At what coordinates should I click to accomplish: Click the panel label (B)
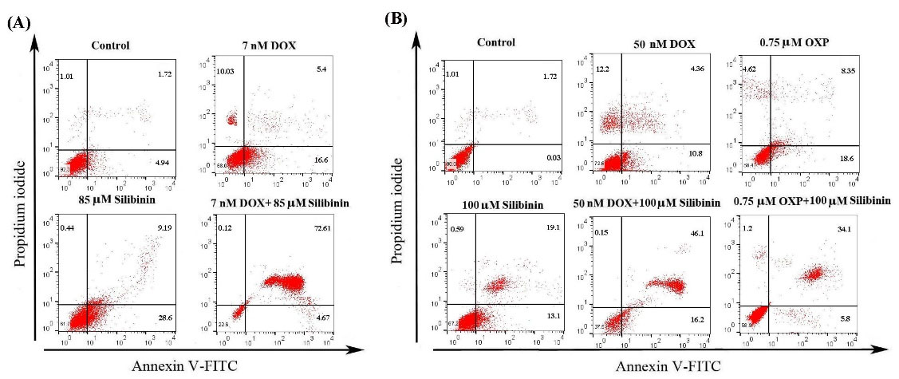tap(396, 17)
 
